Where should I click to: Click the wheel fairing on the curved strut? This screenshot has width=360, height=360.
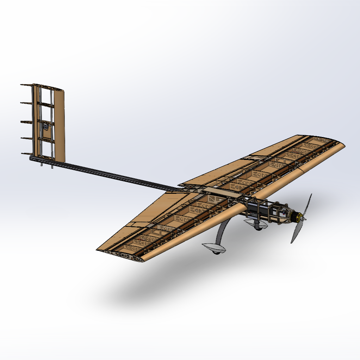(214, 247)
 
